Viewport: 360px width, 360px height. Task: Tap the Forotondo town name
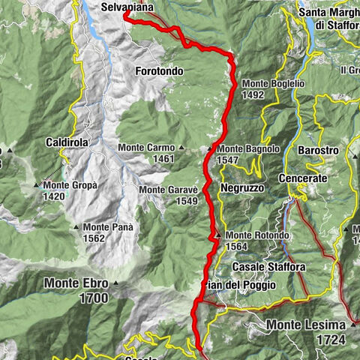161,70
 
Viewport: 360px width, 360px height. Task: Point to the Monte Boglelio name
273,84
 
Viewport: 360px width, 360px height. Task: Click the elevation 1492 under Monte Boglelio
253,95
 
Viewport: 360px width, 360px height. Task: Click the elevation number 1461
163,160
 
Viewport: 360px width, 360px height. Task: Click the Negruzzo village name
242,188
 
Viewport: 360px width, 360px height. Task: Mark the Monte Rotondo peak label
256,235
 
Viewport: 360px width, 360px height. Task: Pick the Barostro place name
316,151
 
